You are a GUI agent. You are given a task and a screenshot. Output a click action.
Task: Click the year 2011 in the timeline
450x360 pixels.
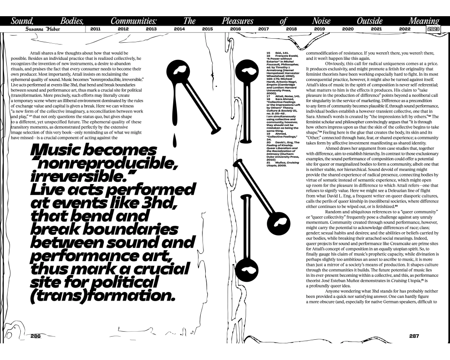click(x=95, y=29)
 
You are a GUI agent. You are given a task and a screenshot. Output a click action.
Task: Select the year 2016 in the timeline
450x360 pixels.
click(x=235, y=29)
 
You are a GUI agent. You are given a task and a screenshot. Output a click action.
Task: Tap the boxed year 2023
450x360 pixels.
click(x=433, y=29)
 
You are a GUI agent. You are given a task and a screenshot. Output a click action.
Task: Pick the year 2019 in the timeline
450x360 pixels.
click(x=319, y=29)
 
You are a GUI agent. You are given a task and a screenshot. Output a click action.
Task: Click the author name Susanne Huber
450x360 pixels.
click(x=41, y=29)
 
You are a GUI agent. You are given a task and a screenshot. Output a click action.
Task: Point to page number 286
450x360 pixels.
click(x=36, y=336)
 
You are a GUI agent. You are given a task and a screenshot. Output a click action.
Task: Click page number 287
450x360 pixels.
click(x=414, y=336)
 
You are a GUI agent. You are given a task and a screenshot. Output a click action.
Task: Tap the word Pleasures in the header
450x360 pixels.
click(x=237, y=21)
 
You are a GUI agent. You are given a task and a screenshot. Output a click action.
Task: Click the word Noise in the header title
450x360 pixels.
click(x=320, y=21)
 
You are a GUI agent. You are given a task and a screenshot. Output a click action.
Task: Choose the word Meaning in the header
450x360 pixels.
click(x=423, y=21)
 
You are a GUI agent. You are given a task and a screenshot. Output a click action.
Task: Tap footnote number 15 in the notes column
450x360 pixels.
click(x=268, y=53)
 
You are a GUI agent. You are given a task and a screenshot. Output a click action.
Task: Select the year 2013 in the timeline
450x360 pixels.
click(x=151, y=29)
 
